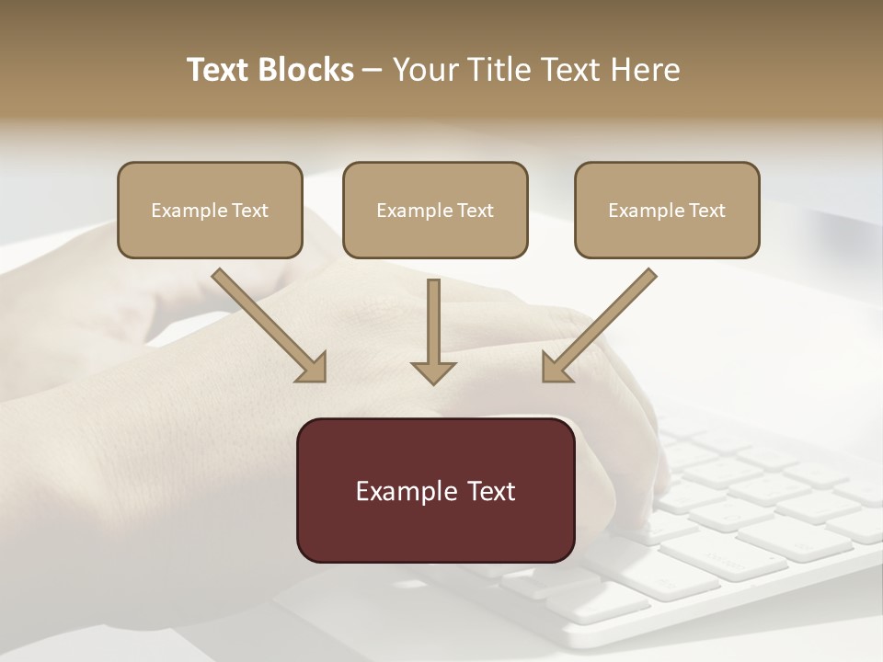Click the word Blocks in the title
tap(305, 70)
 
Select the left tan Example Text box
tap(210, 210)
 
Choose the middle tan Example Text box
tap(435, 210)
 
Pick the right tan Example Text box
tap(667, 210)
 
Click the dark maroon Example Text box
tap(435, 490)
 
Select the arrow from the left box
tap(267, 324)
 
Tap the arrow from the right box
tap(601, 324)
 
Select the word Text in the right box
tap(707, 211)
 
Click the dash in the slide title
tap(373, 70)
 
